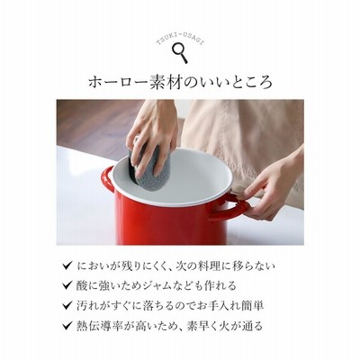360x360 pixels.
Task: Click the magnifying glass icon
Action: tap(180, 52)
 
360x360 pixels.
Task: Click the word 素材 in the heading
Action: tap(166, 82)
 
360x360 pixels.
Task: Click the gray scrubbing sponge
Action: tap(150, 164)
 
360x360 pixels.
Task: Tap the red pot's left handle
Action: tap(107, 179)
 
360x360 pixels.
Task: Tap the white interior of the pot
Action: tap(187, 178)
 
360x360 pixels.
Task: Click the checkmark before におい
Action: tap(67, 265)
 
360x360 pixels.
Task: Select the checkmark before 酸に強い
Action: tap(67, 285)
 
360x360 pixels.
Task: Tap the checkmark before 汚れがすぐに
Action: tap(67, 305)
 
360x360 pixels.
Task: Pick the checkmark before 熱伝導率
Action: tap(67, 325)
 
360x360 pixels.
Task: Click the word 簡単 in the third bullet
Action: tap(254, 306)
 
